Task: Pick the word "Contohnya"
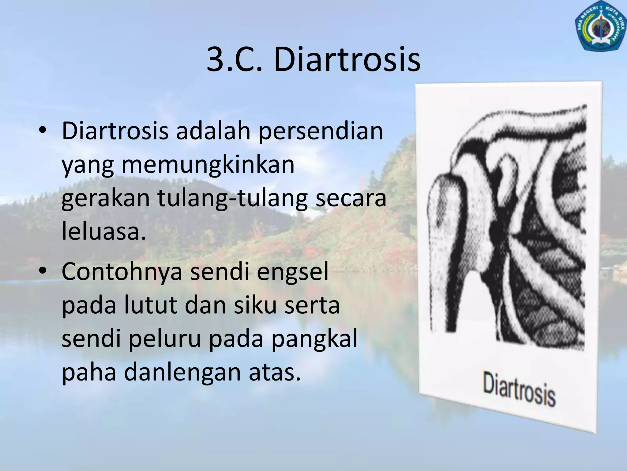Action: coord(122,272)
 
